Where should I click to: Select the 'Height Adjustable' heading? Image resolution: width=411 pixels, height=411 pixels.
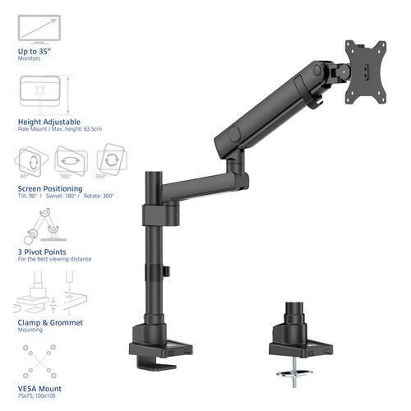click(46, 122)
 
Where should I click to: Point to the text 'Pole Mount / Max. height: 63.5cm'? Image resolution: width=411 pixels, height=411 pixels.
click(58, 129)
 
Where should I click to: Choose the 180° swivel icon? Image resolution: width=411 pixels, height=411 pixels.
click(69, 159)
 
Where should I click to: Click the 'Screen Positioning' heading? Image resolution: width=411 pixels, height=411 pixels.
click(49, 188)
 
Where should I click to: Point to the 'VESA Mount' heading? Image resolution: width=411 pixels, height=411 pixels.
click(39, 388)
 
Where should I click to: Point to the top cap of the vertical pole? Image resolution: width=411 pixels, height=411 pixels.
click(155, 175)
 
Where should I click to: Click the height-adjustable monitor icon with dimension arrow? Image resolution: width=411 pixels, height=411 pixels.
click(42, 94)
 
